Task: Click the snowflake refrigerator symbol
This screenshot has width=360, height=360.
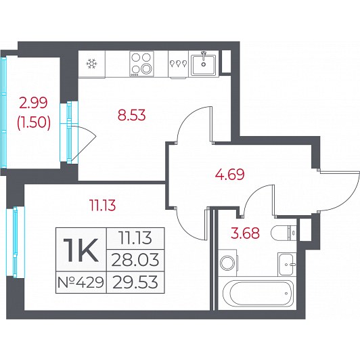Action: pos(91,64)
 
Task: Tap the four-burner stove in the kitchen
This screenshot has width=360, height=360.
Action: pos(141,64)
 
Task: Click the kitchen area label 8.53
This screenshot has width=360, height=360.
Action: pos(131,115)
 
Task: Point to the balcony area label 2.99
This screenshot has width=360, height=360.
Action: pos(34,103)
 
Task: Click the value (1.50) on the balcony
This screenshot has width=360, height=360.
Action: pos(34,122)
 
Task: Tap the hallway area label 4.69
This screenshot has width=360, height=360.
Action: pos(229,175)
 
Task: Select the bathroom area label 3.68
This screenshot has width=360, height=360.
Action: pos(246,233)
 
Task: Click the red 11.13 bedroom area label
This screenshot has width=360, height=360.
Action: pos(103,205)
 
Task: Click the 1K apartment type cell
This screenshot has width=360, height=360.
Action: pos(81,250)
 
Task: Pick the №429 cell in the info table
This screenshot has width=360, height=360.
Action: pos(81,282)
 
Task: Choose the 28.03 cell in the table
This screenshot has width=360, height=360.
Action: pos(135,261)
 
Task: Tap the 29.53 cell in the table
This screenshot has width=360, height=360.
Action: pos(135,282)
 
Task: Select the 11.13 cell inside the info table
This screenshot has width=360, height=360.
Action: pos(135,238)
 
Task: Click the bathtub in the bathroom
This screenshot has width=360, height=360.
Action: pos(258,293)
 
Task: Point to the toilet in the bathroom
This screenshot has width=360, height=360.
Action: pos(284,233)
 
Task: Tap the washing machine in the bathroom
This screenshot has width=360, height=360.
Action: pos(228,263)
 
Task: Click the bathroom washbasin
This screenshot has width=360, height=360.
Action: pos(287,265)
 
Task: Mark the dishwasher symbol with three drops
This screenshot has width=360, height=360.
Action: pos(179,64)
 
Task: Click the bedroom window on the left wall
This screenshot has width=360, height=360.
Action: pos(15,242)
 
